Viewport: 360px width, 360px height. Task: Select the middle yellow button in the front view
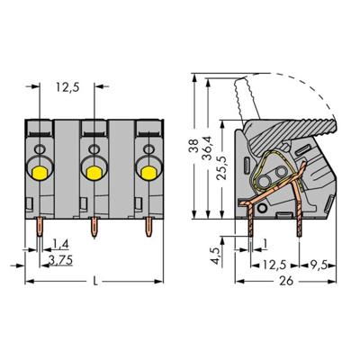tap(92, 166)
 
